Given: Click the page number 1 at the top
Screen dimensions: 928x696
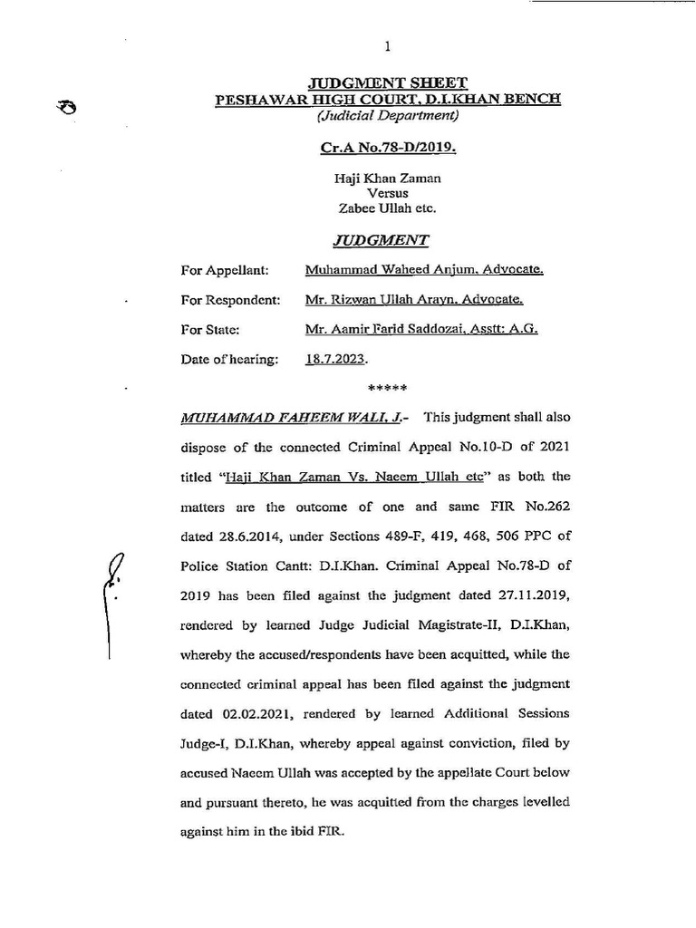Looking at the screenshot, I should point(387,47).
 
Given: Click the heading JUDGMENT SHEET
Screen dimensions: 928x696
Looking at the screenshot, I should point(388,82).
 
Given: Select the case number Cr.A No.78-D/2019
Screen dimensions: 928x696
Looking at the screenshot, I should point(388,146).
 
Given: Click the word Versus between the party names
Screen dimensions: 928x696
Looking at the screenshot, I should point(387,193).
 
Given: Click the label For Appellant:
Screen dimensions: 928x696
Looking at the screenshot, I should point(224,270).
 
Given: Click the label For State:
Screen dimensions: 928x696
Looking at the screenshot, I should point(209,330).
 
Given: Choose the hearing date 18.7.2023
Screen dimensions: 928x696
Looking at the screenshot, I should point(336,360).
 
